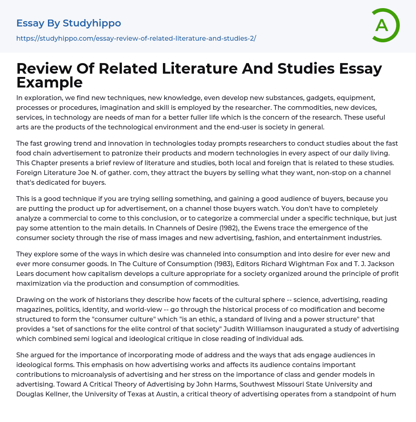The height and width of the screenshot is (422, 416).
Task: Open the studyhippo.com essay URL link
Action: tap(136, 38)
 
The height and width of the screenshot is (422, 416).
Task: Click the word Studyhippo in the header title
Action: tap(92, 23)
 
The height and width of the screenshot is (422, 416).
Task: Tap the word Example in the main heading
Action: tap(50, 83)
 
